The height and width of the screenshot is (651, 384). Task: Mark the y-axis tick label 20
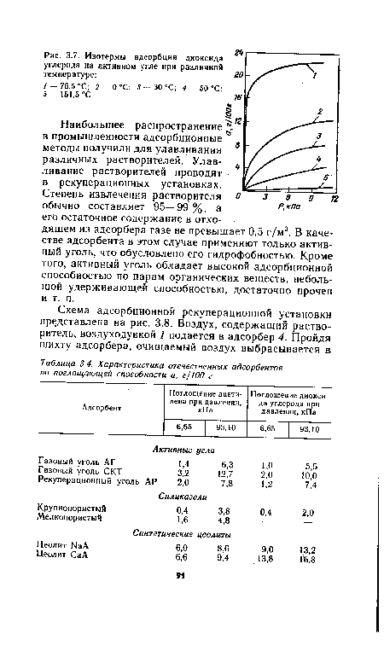pos(239,75)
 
